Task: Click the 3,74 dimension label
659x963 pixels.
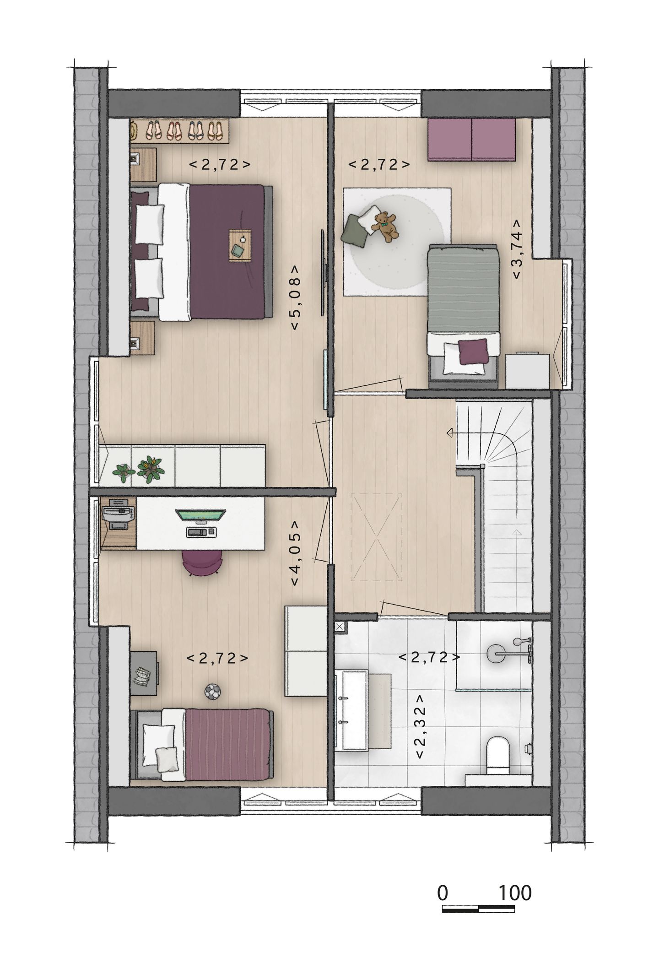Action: click(x=518, y=249)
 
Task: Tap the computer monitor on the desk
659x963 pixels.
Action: click(x=201, y=515)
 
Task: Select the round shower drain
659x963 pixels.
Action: click(x=495, y=652)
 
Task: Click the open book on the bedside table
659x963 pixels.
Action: click(x=143, y=676)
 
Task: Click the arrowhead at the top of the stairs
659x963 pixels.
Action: click(x=450, y=433)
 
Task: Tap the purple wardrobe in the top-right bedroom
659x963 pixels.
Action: click(x=472, y=140)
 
